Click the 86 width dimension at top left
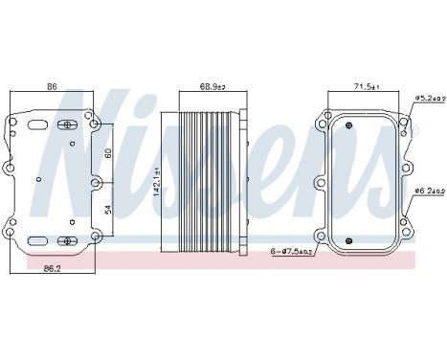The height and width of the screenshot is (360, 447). pos(53,87)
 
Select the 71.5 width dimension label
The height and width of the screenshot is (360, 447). pos(363,87)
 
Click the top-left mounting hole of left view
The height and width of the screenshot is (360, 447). pos(11,123)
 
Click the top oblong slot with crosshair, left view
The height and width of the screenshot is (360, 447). pos(68,125)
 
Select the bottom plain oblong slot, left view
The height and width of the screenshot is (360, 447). pos(38,240)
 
